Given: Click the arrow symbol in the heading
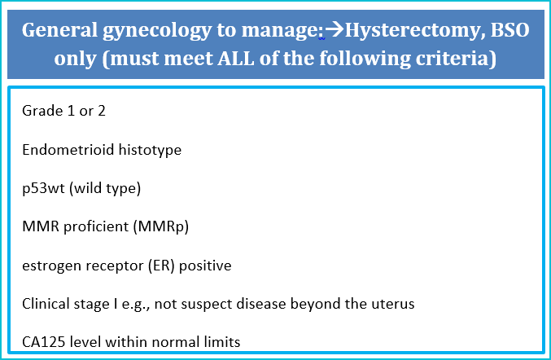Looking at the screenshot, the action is (335, 29).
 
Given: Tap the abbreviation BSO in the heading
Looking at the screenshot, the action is (509, 30).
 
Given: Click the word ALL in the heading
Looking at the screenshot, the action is (236, 59).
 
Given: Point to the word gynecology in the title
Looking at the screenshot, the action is (157, 31).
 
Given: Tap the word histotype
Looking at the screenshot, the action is (150, 151).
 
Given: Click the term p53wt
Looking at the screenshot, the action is (43, 189).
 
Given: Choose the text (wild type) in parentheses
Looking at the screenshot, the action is (105, 189).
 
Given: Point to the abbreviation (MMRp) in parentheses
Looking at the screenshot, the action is (161, 226).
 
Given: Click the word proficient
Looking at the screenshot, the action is (96, 226).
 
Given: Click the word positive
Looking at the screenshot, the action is (205, 266).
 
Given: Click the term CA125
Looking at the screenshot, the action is (44, 342).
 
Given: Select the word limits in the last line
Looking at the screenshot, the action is (223, 342).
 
